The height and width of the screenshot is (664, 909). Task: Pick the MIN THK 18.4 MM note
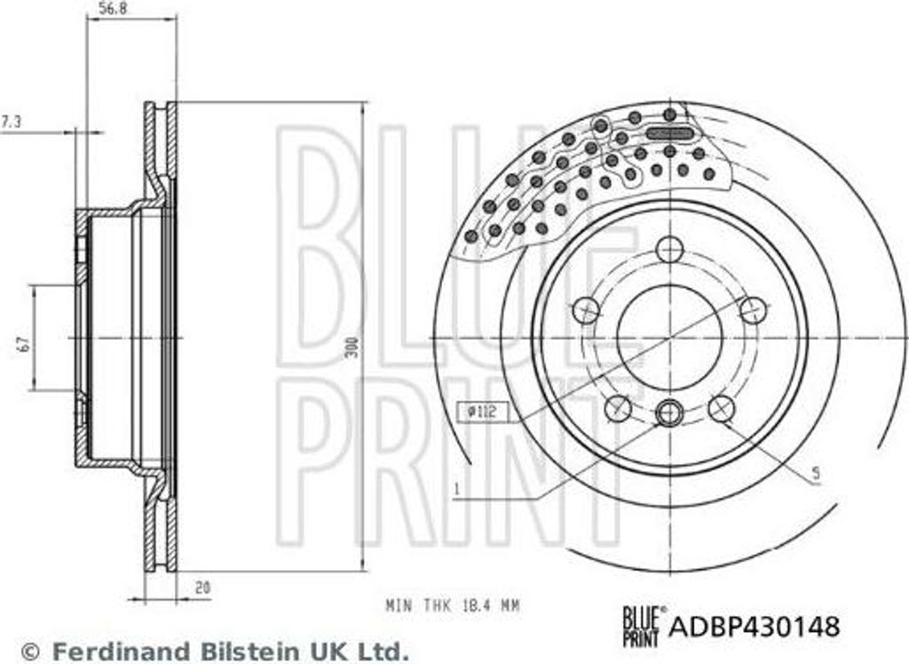click(452, 605)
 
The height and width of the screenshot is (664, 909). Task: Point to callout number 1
click(455, 488)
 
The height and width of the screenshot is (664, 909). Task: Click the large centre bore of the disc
click(669, 337)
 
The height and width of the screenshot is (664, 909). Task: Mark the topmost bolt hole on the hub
click(669, 249)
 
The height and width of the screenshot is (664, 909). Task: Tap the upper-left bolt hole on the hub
click(586, 311)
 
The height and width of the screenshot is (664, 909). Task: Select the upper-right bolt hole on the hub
click(753, 311)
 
